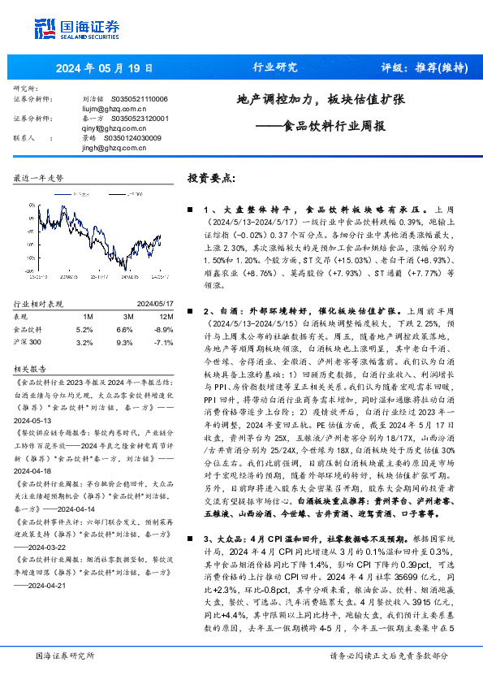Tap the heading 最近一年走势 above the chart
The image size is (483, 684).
[39, 177]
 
